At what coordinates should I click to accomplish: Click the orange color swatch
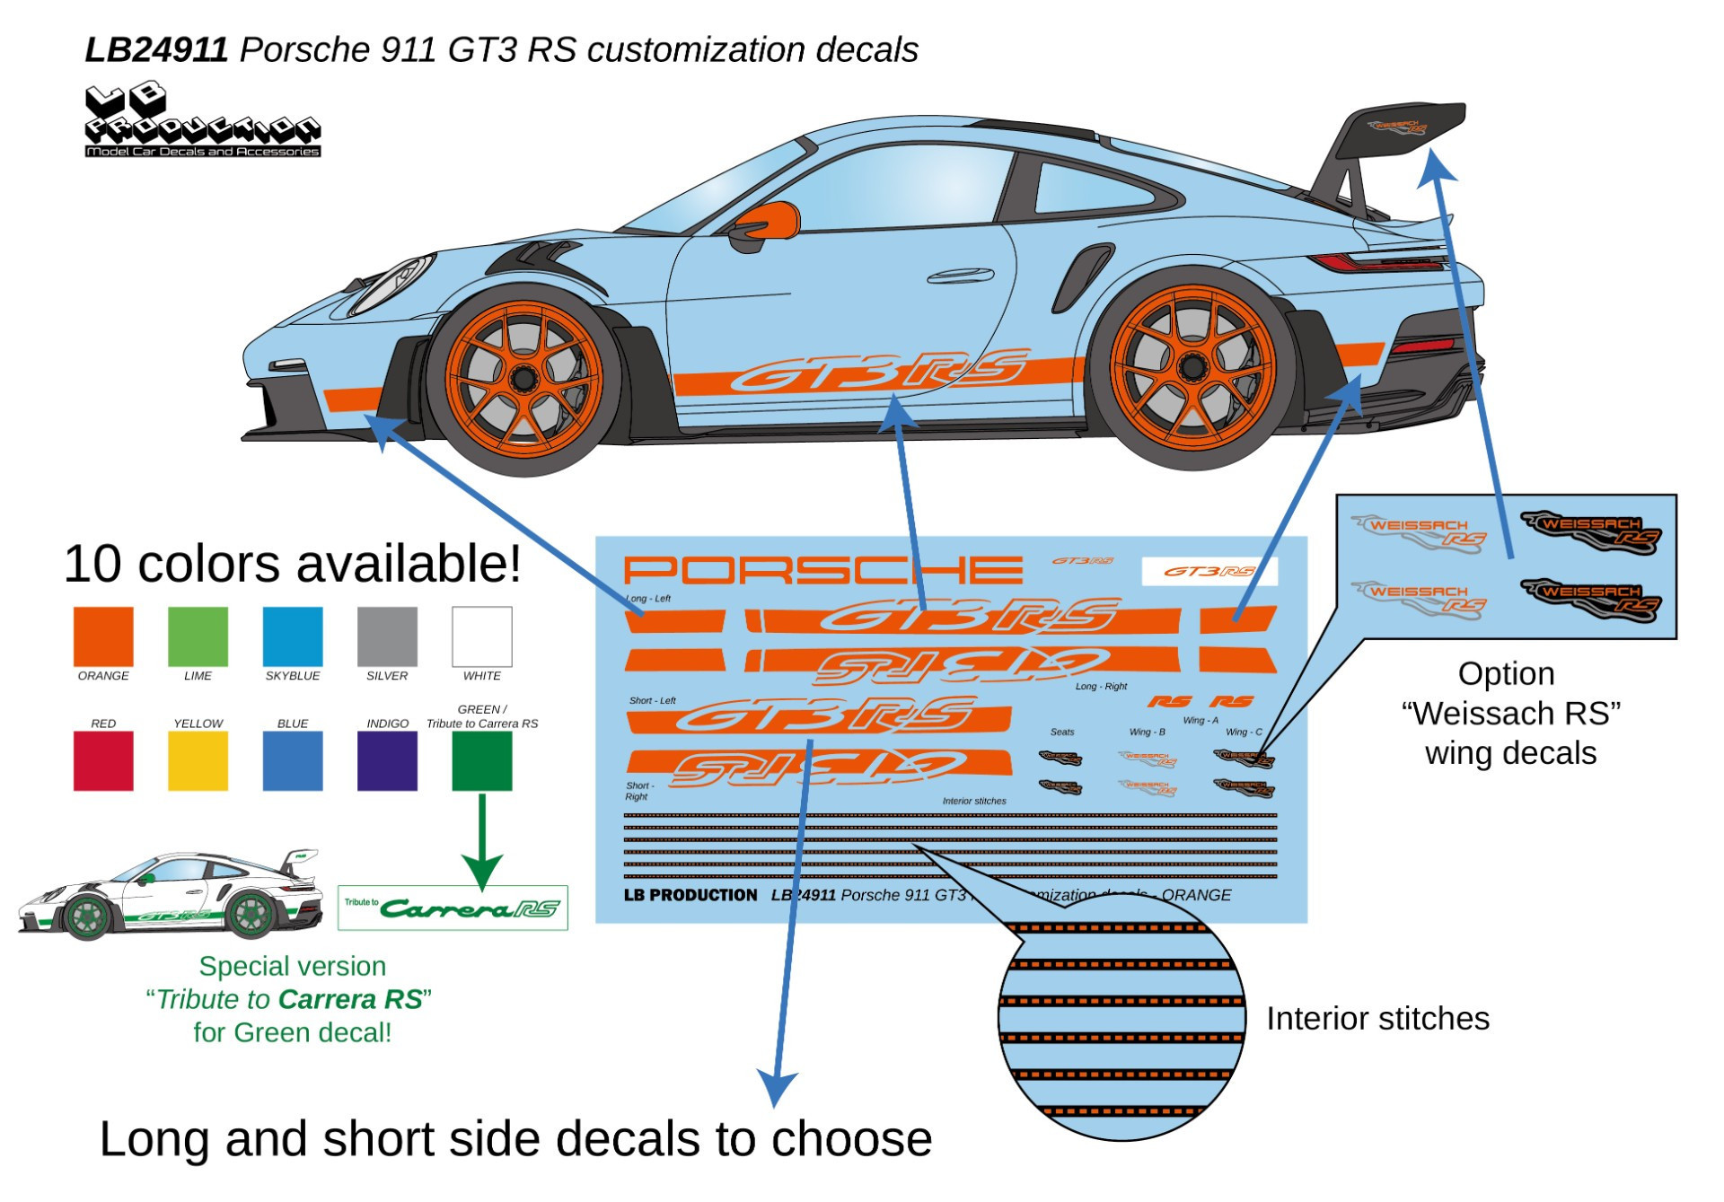click(x=103, y=636)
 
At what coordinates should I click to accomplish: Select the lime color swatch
click(x=198, y=636)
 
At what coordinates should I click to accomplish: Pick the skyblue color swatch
click(x=293, y=636)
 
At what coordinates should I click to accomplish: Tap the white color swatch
click(x=482, y=636)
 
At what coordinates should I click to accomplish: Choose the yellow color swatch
click(x=198, y=760)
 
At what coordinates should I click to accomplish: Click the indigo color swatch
click(x=387, y=760)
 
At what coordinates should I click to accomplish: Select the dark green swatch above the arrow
click(x=482, y=760)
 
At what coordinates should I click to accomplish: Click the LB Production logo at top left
click(x=202, y=121)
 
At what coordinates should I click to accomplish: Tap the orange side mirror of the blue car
click(x=770, y=220)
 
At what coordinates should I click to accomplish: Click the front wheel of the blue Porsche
click(x=523, y=380)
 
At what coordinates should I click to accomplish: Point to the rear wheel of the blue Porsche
click(x=1193, y=367)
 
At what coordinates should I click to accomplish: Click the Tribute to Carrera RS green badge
click(x=453, y=908)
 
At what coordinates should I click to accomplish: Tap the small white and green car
click(x=171, y=894)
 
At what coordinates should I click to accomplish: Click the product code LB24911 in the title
click(x=156, y=49)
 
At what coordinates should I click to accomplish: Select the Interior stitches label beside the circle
click(x=1377, y=1019)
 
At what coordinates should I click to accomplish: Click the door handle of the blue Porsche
click(x=960, y=276)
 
